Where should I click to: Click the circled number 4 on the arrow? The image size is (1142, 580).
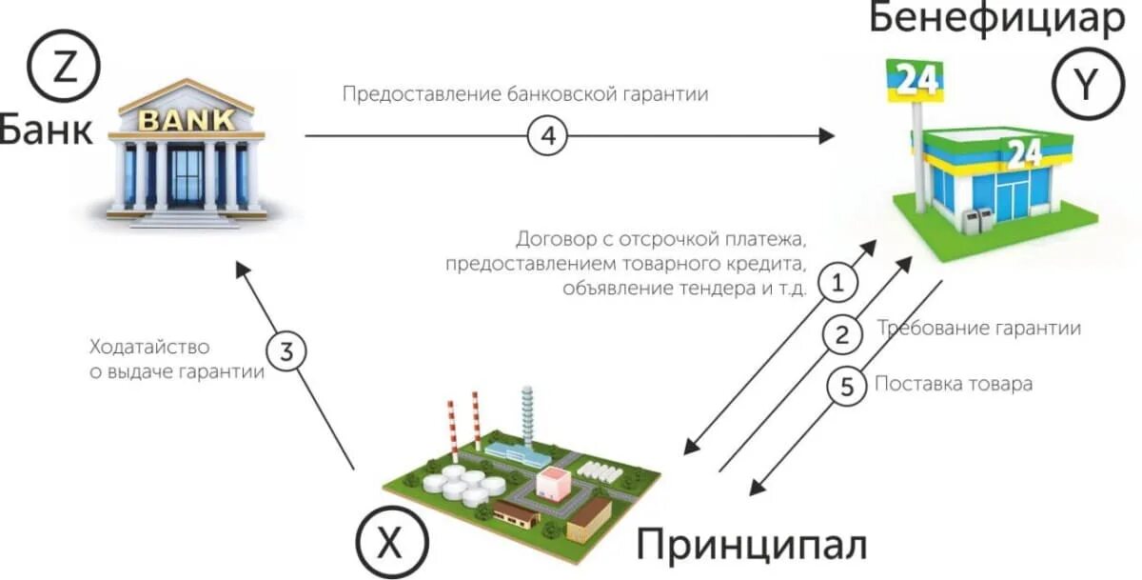click(x=547, y=137)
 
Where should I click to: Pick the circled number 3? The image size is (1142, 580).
click(x=286, y=352)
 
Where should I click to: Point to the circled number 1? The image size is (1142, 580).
click(x=837, y=283)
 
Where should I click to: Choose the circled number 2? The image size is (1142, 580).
click(x=841, y=334)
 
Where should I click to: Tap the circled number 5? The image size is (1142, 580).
click(x=845, y=386)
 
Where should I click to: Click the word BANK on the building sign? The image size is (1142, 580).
click(x=187, y=120)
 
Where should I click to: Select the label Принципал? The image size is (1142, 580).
click(x=752, y=545)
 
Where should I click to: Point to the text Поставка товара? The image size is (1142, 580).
click(x=953, y=385)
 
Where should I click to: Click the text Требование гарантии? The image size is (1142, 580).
click(x=978, y=329)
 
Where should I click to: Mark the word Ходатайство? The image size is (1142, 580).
click(x=149, y=347)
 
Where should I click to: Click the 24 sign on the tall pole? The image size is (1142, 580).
click(x=916, y=80)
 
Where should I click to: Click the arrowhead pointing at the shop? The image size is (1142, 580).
click(x=826, y=137)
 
